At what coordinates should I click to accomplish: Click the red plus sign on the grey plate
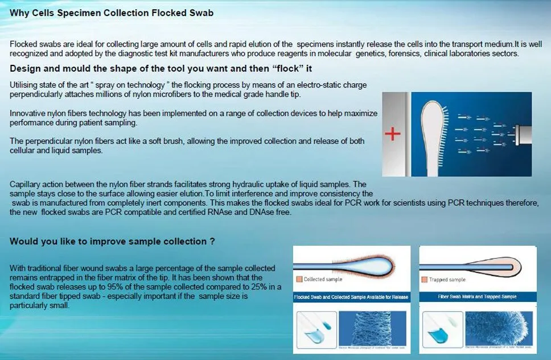pos(393,135)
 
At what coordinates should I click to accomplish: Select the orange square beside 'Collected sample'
pos(299,280)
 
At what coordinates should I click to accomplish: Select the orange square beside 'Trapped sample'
pos(424,280)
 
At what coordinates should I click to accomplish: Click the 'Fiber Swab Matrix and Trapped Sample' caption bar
pos(477,297)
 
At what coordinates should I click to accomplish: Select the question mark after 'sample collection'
pos(212,241)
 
